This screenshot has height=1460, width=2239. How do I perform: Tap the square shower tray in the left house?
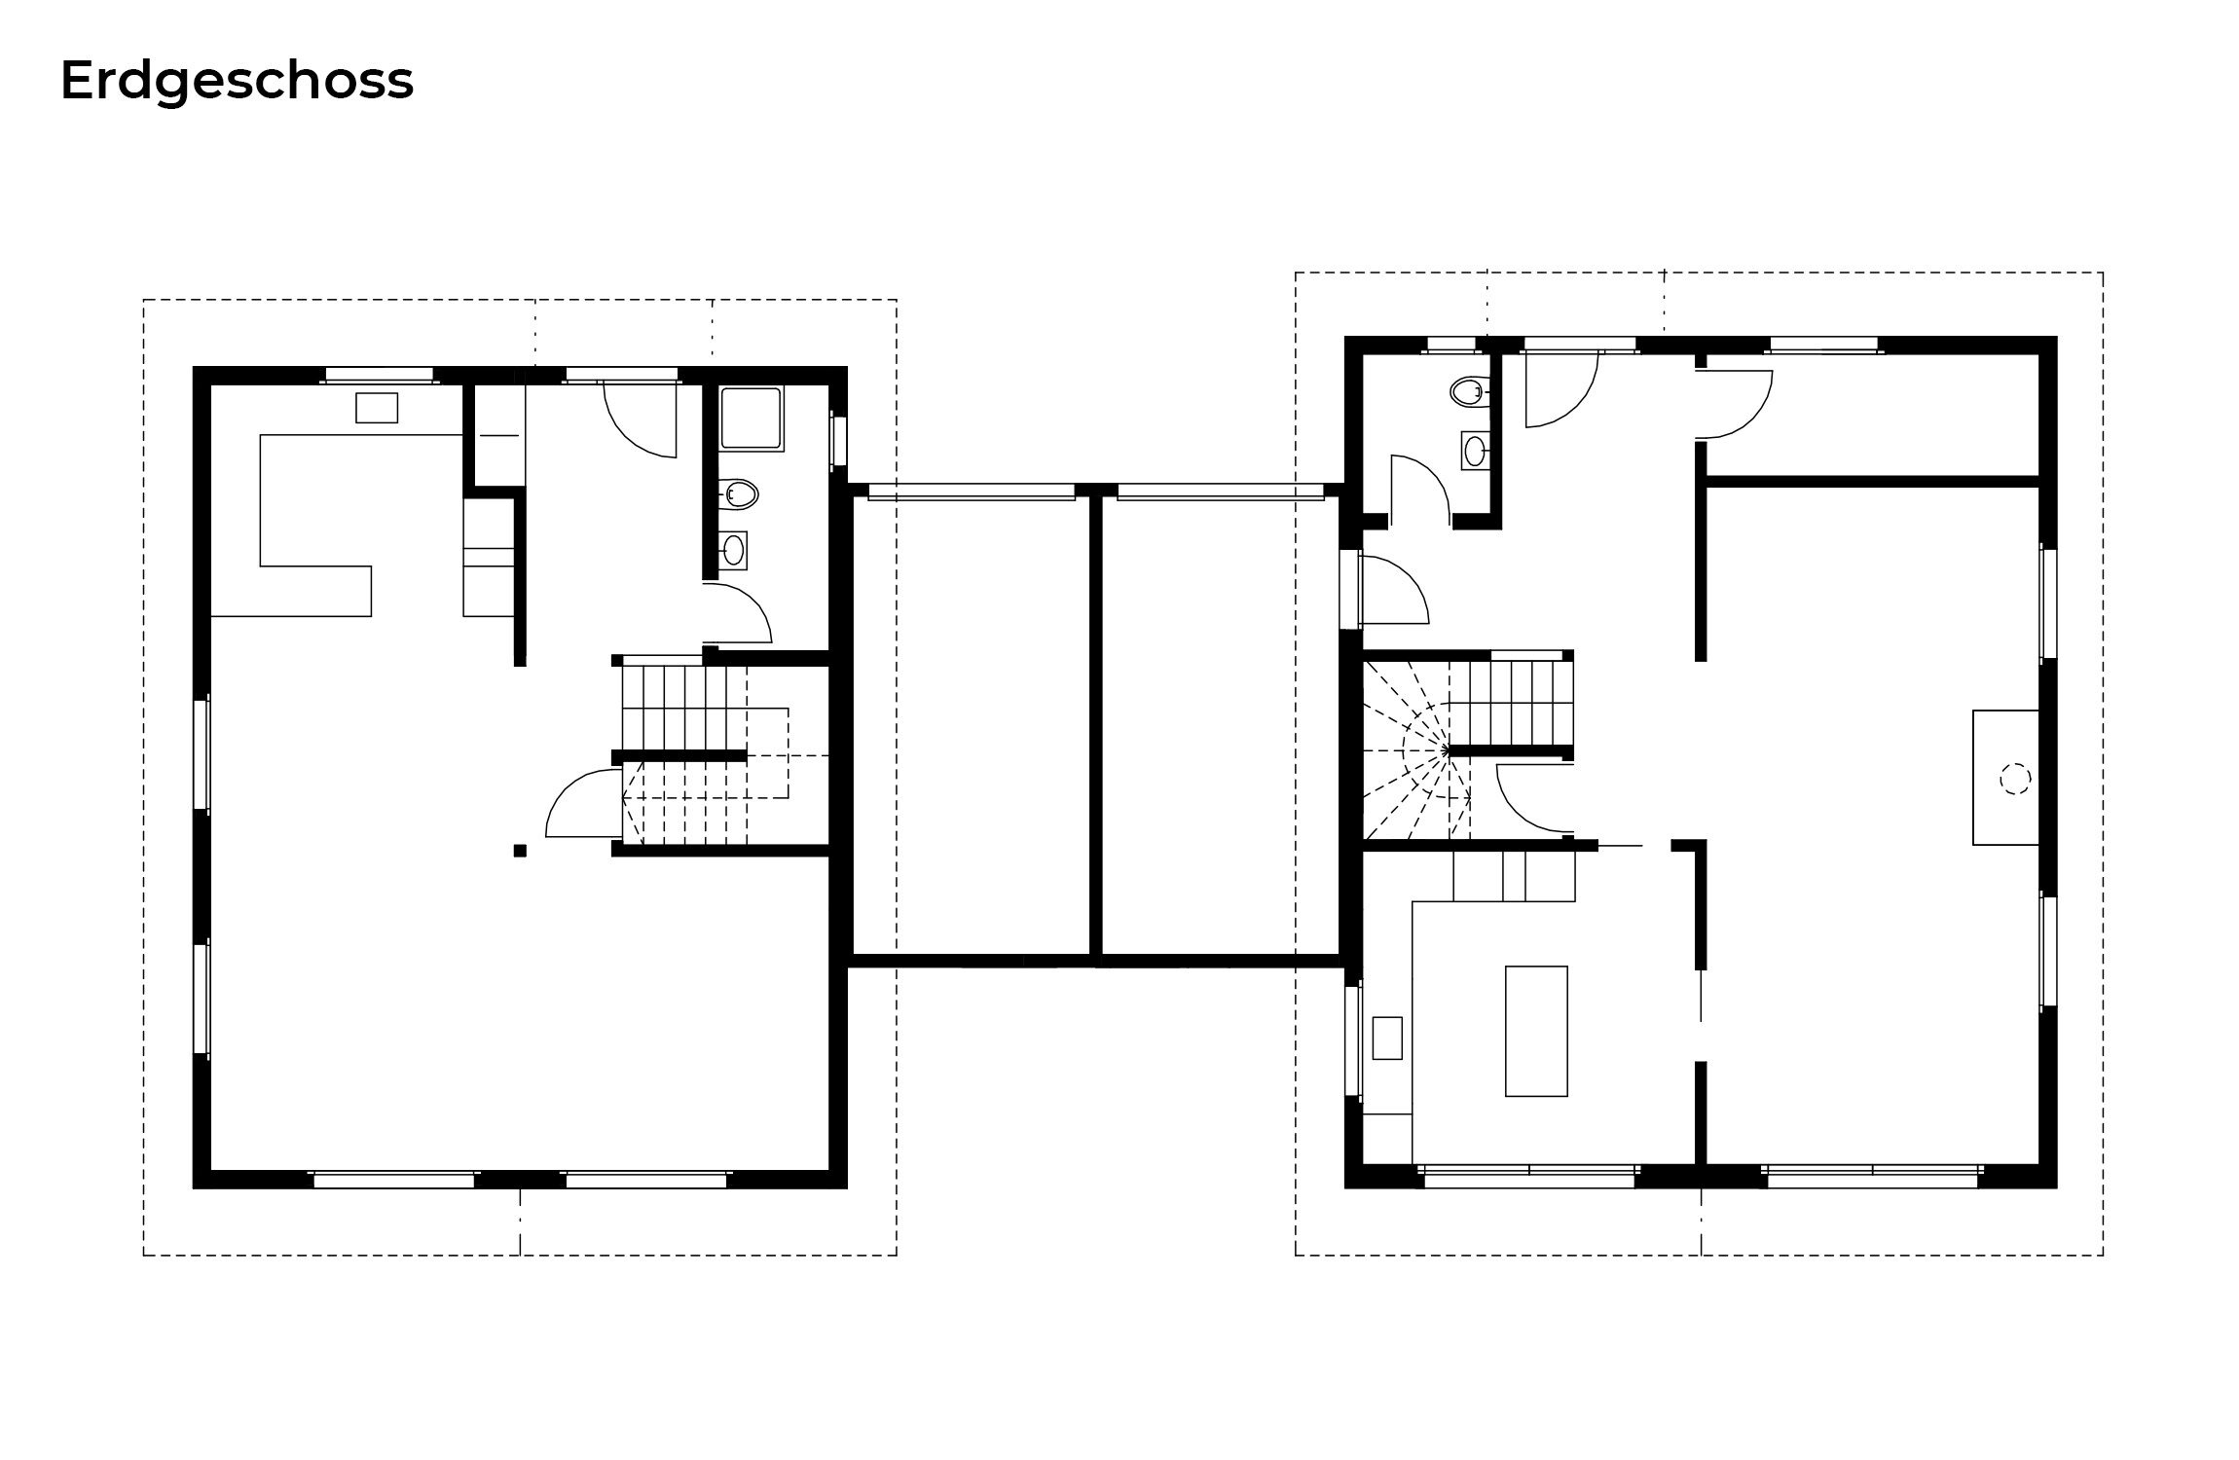[x=752, y=418]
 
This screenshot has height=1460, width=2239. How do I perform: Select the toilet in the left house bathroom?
[x=739, y=494]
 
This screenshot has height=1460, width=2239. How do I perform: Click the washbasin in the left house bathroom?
[x=734, y=551]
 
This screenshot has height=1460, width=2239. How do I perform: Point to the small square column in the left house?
[x=520, y=851]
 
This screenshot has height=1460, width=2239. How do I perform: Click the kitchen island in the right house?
[x=1536, y=1031]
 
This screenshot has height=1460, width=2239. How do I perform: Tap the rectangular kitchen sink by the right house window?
[x=1387, y=1038]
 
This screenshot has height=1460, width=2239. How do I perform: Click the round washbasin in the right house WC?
[x=1475, y=451]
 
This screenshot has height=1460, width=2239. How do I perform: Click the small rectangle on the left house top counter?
[x=377, y=408]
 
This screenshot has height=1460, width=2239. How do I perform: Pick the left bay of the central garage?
[x=971, y=725]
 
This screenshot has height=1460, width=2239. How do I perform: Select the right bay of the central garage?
[x=1221, y=725]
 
